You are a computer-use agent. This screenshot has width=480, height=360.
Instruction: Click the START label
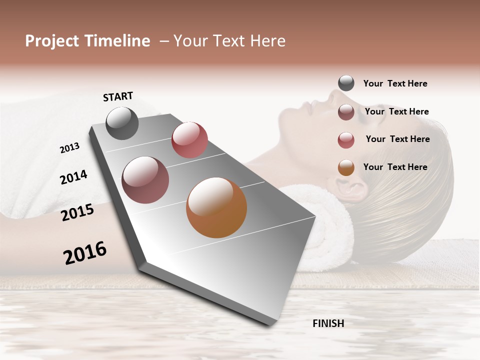(x=118, y=96)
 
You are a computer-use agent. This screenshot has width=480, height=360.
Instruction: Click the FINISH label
(x=328, y=323)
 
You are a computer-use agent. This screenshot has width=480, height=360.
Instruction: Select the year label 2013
(x=69, y=148)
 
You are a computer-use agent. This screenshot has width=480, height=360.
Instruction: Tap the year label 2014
(x=73, y=177)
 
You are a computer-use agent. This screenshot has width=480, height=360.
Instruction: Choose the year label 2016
(x=85, y=253)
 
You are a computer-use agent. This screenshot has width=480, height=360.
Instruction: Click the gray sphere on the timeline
(x=122, y=123)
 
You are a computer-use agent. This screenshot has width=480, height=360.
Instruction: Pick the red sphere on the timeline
(x=189, y=140)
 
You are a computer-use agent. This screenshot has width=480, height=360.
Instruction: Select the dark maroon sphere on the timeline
(x=145, y=180)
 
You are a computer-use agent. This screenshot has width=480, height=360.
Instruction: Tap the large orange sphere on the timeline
(x=216, y=207)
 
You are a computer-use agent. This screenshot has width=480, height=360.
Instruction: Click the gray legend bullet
(x=346, y=83)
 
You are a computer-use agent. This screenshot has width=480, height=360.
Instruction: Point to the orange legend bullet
(x=346, y=167)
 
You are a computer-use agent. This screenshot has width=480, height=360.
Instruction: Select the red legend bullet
(x=346, y=140)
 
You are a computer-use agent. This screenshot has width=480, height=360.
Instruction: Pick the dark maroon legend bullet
(x=346, y=112)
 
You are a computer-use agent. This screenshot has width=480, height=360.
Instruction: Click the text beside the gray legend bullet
(x=395, y=83)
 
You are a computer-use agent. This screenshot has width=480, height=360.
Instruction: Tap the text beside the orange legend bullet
(x=395, y=167)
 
